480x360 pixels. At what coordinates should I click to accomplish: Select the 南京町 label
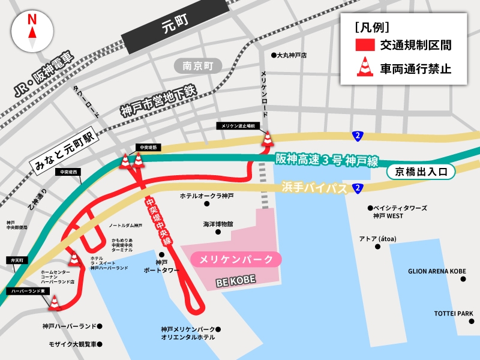click(x=198, y=66)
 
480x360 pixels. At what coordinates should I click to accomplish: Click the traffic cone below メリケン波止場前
click(x=267, y=139)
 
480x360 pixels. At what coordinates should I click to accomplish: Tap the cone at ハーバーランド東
click(x=55, y=303)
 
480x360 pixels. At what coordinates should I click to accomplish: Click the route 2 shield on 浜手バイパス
click(x=358, y=188)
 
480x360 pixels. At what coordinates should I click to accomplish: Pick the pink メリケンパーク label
click(x=236, y=259)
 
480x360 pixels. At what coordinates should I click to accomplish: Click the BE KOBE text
click(x=236, y=280)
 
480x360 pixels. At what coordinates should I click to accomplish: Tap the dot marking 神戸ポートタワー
click(x=161, y=254)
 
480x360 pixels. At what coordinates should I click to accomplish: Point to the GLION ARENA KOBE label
click(x=437, y=271)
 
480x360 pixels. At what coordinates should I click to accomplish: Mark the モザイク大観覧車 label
click(x=73, y=344)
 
